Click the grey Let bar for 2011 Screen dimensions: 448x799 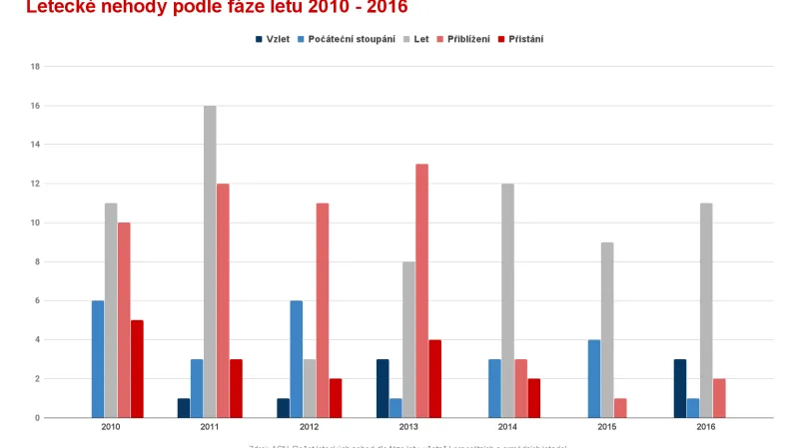coord(210,261)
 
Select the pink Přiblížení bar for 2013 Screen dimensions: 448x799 coord(421,290)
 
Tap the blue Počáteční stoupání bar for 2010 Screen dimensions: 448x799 coord(98,359)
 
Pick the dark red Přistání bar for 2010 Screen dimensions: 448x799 coord(137,368)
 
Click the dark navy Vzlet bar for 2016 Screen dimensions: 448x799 coord(680,388)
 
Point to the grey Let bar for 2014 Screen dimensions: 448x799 coord(507,300)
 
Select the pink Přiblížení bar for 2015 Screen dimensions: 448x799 coord(620,408)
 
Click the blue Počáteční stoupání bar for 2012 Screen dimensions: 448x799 coord(297,359)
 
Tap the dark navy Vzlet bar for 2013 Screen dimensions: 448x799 coord(383,388)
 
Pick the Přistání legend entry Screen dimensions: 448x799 coord(519,39)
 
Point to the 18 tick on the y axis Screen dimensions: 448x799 coord(35,67)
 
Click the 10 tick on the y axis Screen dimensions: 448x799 coord(35,223)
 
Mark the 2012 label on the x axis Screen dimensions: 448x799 coord(310,426)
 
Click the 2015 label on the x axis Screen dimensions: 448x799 coord(606,426)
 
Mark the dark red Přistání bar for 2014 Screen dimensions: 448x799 coord(533,398)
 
